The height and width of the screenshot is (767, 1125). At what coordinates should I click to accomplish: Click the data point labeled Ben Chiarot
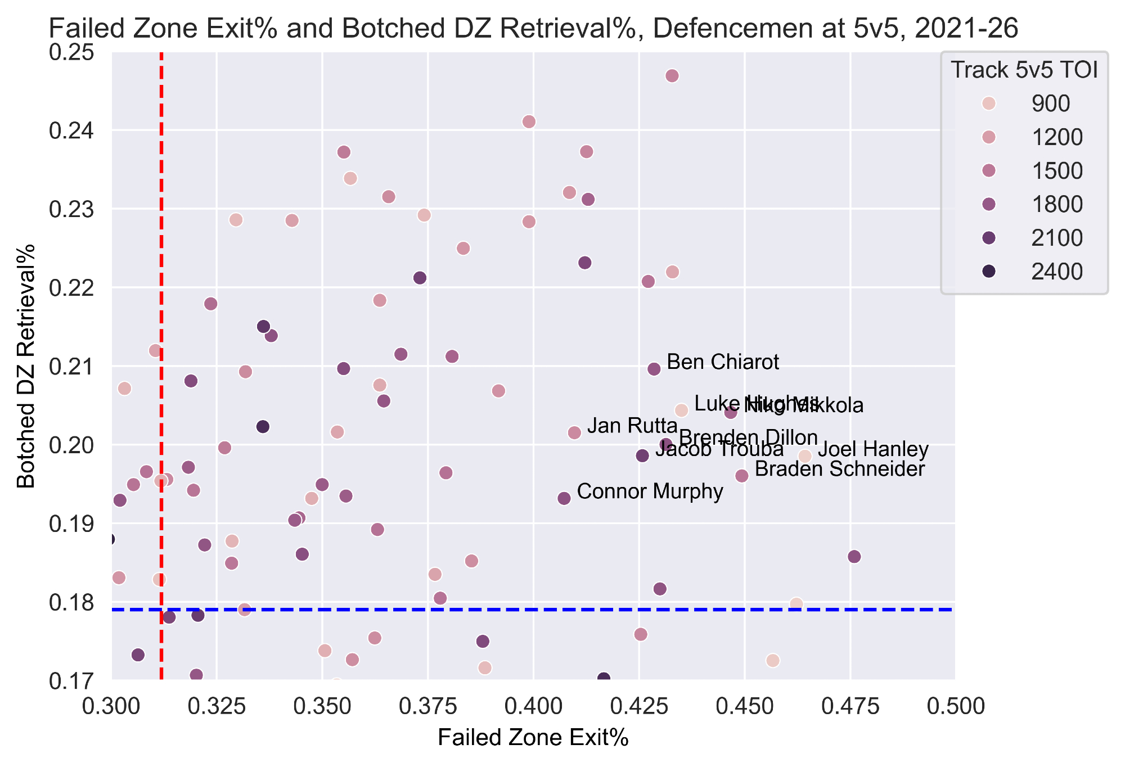tap(654, 369)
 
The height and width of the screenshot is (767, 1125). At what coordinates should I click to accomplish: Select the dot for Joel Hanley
tap(805, 456)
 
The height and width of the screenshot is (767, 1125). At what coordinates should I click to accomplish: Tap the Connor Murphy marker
tap(564, 498)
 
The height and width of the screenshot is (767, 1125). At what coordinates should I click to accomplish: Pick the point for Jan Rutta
tap(574, 432)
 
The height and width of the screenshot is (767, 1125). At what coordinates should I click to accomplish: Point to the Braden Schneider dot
tap(742, 476)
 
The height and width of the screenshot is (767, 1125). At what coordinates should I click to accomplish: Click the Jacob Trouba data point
tap(642, 455)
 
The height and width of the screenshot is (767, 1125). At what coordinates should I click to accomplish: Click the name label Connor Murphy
tap(650, 491)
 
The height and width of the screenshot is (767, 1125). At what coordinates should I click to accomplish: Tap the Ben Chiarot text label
tap(723, 362)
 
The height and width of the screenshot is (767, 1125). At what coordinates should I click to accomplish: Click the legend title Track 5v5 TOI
tap(1024, 70)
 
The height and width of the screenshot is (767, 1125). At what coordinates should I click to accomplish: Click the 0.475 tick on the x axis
tap(850, 706)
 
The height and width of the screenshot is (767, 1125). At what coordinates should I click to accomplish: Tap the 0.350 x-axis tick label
tap(322, 706)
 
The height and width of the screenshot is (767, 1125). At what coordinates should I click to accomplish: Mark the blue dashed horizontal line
tap(506, 610)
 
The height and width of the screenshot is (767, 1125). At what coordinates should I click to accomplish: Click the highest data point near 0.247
tap(672, 76)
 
